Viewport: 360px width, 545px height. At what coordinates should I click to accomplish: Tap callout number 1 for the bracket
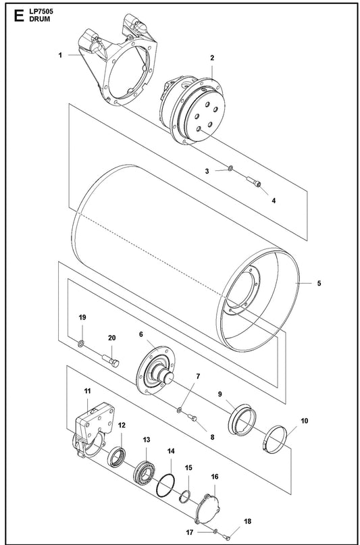point(59,55)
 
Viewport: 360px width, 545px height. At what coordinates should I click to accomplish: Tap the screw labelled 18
point(228,537)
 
